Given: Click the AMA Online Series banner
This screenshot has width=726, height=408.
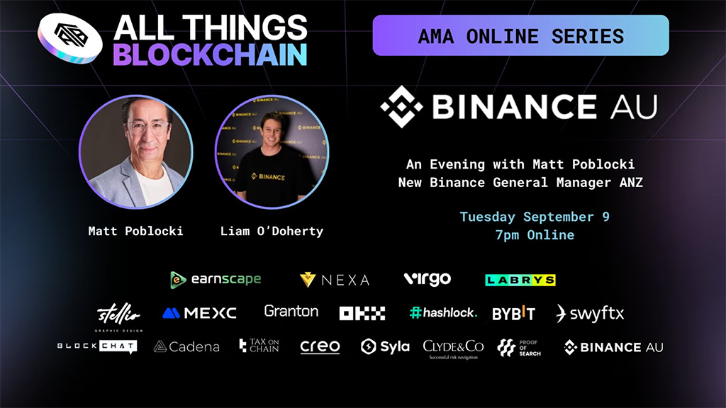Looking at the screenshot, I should click(x=520, y=35).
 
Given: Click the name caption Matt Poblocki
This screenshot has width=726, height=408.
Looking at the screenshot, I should click(x=135, y=231).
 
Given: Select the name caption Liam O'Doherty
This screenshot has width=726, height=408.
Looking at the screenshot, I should click(x=272, y=231).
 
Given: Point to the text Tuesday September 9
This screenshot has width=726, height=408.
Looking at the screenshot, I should click(x=535, y=217).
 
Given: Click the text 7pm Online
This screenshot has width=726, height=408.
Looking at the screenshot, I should click(x=535, y=234).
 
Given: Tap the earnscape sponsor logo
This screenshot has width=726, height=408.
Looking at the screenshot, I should click(x=216, y=279).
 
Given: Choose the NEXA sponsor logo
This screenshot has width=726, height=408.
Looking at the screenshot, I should click(x=335, y=280).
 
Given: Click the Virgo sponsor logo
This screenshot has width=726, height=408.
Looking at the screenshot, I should click(x=427, y=279).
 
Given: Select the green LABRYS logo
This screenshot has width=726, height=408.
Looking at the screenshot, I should click(x=520, y=280).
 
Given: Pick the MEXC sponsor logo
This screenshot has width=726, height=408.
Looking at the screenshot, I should click(x=199, y=312).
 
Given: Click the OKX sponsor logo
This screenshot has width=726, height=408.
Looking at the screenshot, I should click(x=362, y=313).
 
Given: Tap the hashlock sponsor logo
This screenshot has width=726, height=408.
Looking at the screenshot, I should click(x=443, y=312).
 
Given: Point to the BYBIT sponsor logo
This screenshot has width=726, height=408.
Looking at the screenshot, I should click(x=513, y=313).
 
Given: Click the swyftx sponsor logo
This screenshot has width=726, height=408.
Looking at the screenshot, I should click(x=590, y=313).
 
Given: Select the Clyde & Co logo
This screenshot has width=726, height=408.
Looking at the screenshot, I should click(x=453, y=348).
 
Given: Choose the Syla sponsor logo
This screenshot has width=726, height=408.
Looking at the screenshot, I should click(x=385, y=346).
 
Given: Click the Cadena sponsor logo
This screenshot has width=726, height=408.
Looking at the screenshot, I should click(x=186, y=346).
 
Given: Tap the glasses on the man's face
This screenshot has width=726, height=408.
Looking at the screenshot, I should click(x=147, y=128).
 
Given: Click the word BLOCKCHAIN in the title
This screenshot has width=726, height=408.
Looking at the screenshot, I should click(x=210, y=55).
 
